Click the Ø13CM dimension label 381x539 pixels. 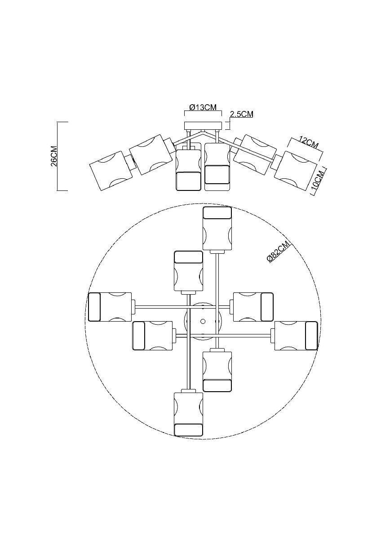(203, 107)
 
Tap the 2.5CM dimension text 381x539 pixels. (241, 114)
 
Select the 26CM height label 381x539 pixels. (54, 156)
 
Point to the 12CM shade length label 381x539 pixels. (309, 142)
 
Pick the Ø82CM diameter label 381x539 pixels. (279, 252)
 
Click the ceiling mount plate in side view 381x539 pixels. (203, 126)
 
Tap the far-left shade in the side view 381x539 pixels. (111, 171)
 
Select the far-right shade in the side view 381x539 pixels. (296, 171)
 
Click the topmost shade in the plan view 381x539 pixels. (217, 228)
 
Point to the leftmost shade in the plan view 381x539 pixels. (110, 307)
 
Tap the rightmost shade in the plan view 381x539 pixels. (296, 336)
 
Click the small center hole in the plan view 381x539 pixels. (203, 321)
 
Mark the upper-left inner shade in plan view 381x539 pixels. (188, 271)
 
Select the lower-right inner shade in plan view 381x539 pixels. (217, 371)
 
